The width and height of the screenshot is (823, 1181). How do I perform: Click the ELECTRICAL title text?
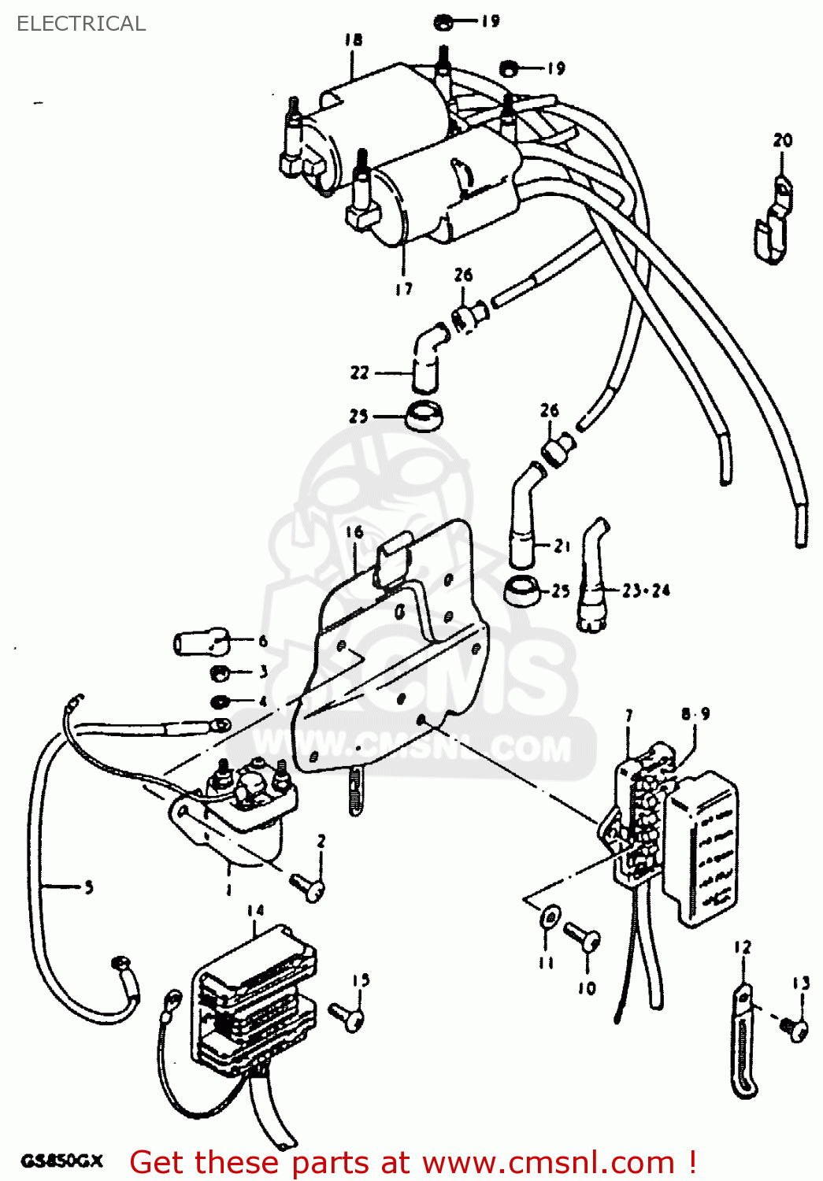81,24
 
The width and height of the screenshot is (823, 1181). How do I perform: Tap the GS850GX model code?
61,1161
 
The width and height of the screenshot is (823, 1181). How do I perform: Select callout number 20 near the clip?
782,140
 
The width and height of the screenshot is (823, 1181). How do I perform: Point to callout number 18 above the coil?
354,39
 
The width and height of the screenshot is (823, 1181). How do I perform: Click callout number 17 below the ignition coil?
403,289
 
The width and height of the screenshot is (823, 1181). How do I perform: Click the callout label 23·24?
646,590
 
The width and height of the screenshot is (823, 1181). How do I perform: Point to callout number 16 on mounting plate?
354,532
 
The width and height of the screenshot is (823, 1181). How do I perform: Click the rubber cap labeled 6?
201,642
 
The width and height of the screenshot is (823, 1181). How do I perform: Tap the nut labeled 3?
221,673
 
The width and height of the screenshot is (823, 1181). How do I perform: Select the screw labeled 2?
308,887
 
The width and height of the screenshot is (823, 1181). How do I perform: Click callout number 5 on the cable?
88,887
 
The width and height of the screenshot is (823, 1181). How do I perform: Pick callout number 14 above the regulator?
255,910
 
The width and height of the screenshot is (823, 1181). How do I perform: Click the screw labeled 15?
347,1016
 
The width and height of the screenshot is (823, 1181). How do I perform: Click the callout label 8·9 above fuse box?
695,713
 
